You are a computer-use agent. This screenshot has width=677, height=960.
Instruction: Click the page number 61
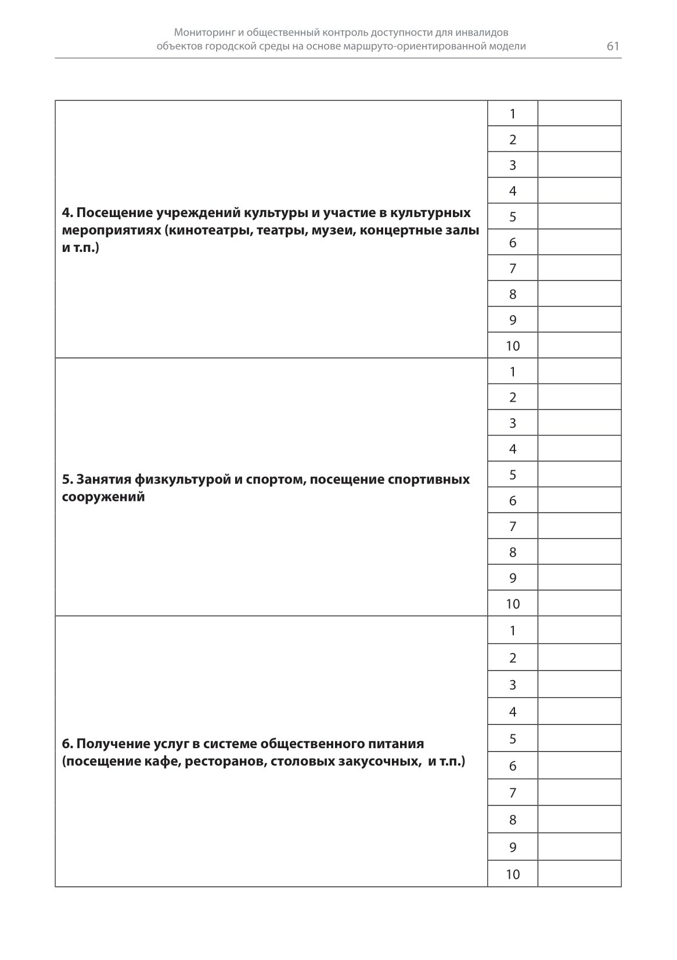coord(613,46)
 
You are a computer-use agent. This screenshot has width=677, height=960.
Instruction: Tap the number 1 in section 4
coord(513,114)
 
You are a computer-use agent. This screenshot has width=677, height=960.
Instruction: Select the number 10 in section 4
coord(513,346)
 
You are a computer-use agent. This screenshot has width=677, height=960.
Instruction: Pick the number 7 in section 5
coord(513,526)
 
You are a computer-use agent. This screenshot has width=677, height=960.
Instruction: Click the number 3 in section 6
coord(513,685)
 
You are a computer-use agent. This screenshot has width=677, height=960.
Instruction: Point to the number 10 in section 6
coord(513,874)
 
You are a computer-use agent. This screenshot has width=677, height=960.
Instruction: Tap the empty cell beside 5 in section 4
coord(579,216)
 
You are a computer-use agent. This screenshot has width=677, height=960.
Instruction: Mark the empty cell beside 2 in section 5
coord(579,397)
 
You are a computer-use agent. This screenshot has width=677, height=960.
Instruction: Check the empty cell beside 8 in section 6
coord(579,820)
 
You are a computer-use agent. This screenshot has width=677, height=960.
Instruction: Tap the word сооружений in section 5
coord(103,497)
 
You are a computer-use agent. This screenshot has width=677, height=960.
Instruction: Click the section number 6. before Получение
coord(67,744)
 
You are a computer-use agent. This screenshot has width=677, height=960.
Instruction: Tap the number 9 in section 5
coord(513,578)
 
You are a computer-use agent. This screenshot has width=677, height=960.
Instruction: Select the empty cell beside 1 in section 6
coord(579,630)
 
